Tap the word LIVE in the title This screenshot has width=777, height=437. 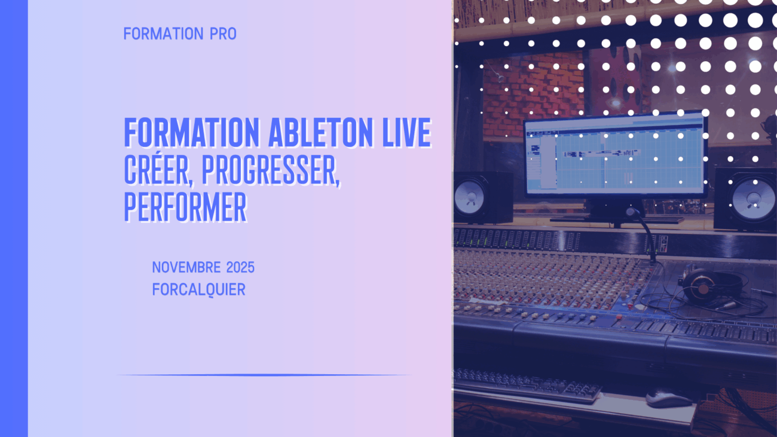click(406, 132)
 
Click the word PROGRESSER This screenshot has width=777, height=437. click(271, 170)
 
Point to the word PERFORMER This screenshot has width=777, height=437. click(185, 207)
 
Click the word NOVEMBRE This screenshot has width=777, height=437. click(186, 267)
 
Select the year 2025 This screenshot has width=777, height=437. click(240, 267)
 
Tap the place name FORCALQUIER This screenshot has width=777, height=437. click(199, 289)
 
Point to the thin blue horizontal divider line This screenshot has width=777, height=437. click(264, 375)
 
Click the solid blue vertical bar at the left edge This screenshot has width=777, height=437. click(14, 219)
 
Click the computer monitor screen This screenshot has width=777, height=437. click(614, 156)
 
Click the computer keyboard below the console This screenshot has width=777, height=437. click(527, 386)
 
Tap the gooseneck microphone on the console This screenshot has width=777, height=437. click(644, 236)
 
